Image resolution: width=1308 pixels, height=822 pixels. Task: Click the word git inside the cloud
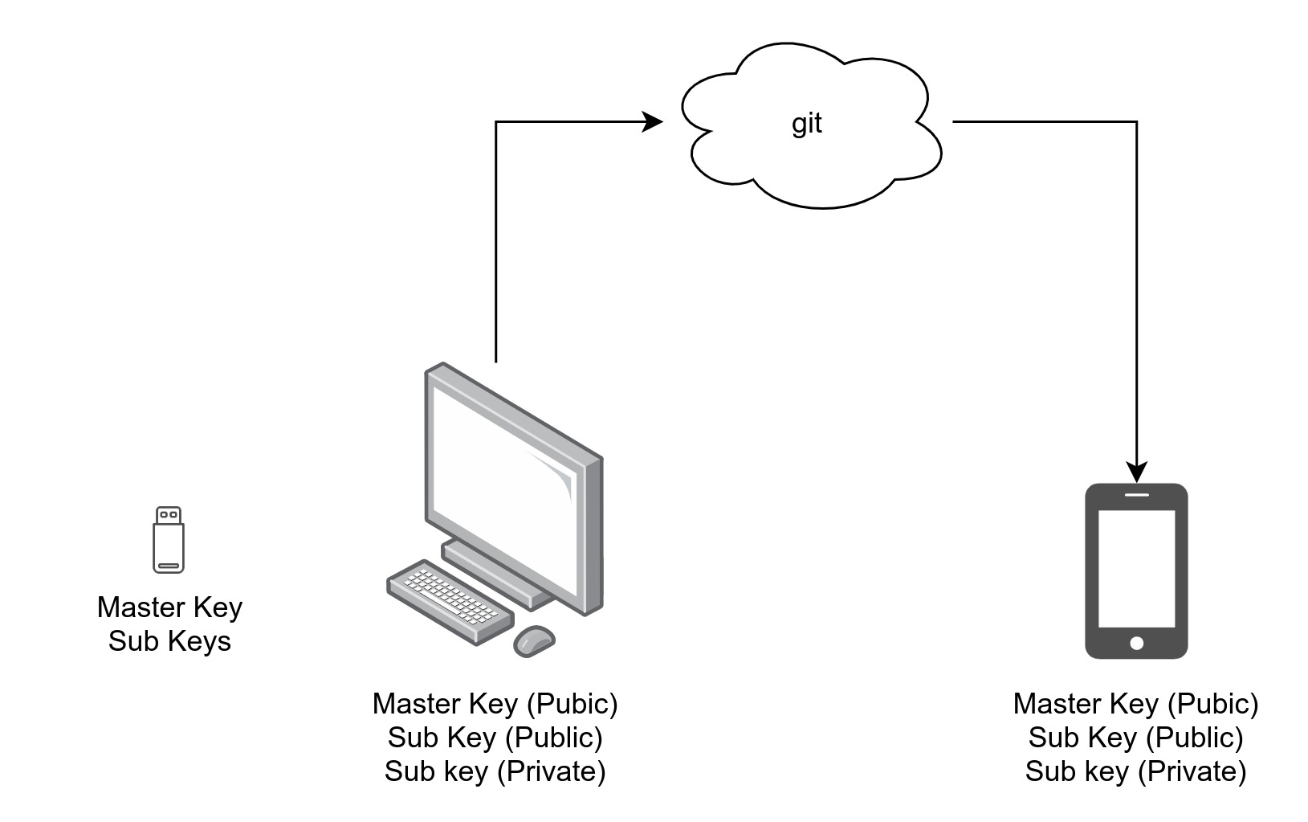point(807,123)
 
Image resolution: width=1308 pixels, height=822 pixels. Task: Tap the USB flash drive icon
point(169,540)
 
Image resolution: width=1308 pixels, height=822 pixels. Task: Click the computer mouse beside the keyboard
point(534,640)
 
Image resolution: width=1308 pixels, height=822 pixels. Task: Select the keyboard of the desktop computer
point(450,600)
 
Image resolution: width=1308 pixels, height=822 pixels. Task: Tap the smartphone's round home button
point(1136,643)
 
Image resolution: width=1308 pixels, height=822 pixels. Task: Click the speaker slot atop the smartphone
point(1136,494)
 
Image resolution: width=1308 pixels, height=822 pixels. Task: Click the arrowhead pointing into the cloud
point(653,122)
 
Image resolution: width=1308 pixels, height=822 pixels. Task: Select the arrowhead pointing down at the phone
point(1136,472)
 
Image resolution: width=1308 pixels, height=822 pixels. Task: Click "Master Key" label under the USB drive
point(169,607)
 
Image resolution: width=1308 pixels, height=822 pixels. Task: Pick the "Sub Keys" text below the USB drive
point(169,641)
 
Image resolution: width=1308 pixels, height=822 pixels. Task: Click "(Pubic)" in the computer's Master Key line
point(573,704)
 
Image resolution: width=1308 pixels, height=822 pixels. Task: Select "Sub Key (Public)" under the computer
point(495,738)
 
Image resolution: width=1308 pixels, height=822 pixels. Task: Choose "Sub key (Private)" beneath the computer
point(495,771)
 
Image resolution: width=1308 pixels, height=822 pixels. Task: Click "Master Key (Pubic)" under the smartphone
point(1135,704)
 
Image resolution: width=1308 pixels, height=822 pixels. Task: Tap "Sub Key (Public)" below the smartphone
point(1135,738)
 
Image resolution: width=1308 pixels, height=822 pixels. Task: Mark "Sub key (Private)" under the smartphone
point(1135,771)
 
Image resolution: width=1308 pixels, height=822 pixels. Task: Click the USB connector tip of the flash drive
point(169,514)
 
